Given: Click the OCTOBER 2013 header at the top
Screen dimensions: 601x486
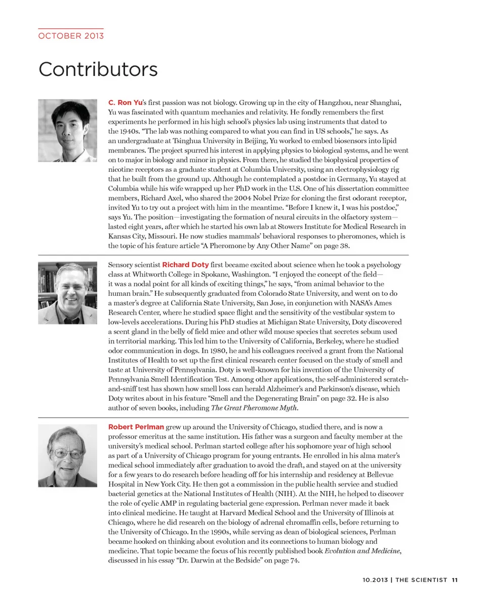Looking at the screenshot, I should coord(71,36).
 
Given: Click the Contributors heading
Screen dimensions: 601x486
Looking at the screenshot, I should coord(98,69).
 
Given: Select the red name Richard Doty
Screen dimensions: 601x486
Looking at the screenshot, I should coord(185,265).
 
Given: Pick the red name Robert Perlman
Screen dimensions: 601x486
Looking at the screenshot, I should coord(136,427).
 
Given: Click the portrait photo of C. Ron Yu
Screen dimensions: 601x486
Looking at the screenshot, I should coord(67,130).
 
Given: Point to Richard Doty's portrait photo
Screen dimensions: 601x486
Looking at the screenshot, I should coord(67,293).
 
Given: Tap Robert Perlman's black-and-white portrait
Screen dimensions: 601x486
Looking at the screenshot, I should coord(67,456).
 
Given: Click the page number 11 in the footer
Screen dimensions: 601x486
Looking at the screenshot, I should coord(455,580).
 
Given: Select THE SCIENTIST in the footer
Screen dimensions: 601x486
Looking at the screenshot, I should coord(421,580).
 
